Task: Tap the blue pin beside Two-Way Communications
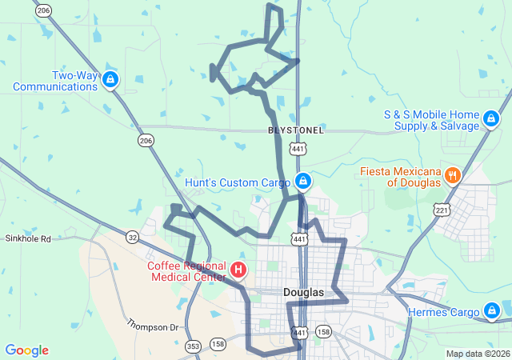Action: pos(110,80)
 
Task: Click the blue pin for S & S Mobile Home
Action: pos(490,120)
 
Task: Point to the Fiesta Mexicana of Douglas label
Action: pos(400,177)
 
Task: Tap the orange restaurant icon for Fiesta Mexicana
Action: pos(452,175)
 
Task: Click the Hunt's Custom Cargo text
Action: pos(238,182)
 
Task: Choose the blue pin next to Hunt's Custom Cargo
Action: pos(302,182)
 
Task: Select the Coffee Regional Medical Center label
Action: pos(186,271)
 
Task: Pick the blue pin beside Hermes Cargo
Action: pos(491,310)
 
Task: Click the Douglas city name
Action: pos(304,293)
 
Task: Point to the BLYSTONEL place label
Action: pos(296,130)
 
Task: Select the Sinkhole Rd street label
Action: pos(28,238)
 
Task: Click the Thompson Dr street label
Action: pos(155,324)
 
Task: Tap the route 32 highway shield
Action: pos(132,236)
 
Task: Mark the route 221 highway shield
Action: pos(442,210)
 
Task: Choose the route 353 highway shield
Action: pos(193,346)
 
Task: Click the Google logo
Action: pos(26,350)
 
